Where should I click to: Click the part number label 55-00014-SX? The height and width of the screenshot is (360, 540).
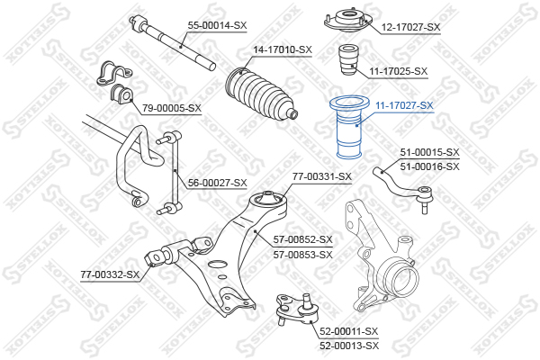pyautogui.click(x=217, y=25)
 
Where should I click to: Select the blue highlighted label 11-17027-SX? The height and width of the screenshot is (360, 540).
pyautogui.click(x=404, y=105)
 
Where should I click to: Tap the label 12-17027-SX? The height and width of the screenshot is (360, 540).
pyautogui.click(x=411, y=27)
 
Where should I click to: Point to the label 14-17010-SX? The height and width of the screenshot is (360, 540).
pyautogui.click(x=283, y=50)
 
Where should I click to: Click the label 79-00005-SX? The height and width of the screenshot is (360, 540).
pyautogui.click(x=172, y=108)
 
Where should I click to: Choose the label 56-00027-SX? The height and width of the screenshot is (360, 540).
pyautogui.click(x=217, y=183)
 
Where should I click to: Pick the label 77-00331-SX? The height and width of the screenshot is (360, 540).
pyautogui.click(x=322, y=176)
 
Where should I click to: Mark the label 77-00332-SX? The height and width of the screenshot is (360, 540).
pyautogui.click(x=110, y=274)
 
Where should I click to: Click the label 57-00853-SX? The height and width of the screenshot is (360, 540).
pyautogui.click(x=303, y=255)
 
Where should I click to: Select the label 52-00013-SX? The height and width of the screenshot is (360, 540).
pyautogui.click(x=349, y=346)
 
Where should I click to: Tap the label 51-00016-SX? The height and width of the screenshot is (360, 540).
pyautogui.click(x=430, y=166)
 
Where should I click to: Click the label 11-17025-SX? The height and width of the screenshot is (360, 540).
pyautogui.click(x=399, y=71)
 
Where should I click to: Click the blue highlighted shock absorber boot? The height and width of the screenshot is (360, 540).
pyautogui.click(x=349, y=130)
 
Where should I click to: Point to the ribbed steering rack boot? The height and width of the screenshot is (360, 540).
pyautogui.click(x=261, y=94)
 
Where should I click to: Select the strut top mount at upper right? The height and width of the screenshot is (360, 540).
pyautogui.click(x=348, y=22)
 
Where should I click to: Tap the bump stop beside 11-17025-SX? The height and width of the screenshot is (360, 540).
pyautogui.click(x=349, y=60)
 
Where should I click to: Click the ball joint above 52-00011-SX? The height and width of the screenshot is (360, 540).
pyautogui.click(x=298, y=309)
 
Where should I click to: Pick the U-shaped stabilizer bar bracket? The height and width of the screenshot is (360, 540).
pyautogui.click(x=113, y=74)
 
